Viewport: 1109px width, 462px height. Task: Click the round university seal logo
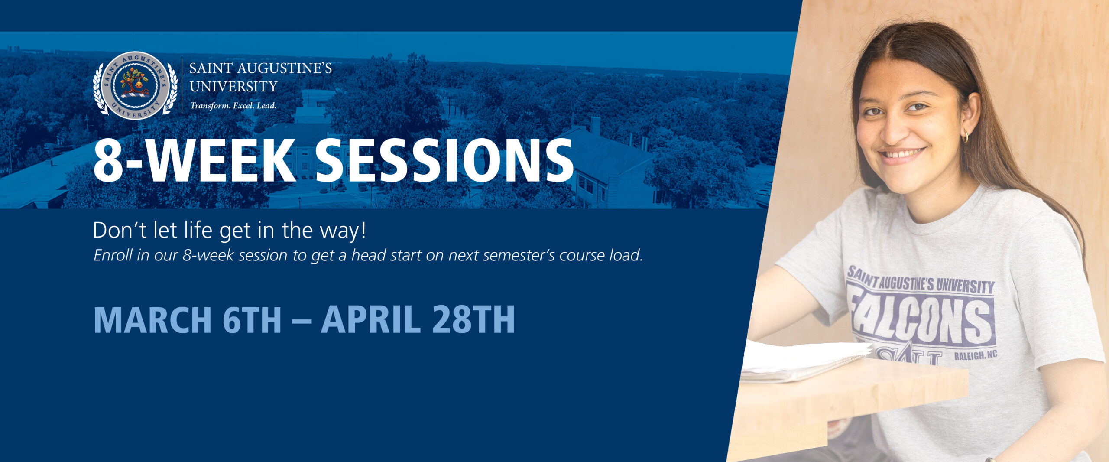coord(135,86)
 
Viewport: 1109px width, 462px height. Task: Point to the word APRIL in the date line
coord(370,319)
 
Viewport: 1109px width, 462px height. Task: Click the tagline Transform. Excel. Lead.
coord(233,106)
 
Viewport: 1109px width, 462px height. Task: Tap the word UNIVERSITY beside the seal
coord(233,87)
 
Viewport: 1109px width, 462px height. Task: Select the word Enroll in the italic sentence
coord(113,255)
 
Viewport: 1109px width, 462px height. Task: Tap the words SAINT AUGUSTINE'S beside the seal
coord(261,68)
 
